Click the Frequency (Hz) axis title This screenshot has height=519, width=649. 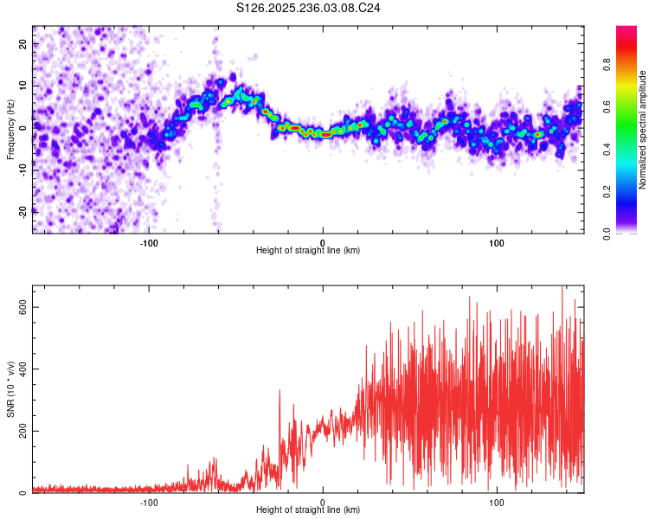click(10, 129)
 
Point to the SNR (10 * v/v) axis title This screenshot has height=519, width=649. click(10, 389)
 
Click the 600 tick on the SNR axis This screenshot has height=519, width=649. click(24, 307)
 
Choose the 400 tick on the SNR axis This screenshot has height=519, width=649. click(24, 369)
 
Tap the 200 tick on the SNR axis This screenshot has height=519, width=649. click(24, 431)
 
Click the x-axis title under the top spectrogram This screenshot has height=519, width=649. click(308, 250)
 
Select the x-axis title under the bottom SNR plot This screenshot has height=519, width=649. click(308, 509)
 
